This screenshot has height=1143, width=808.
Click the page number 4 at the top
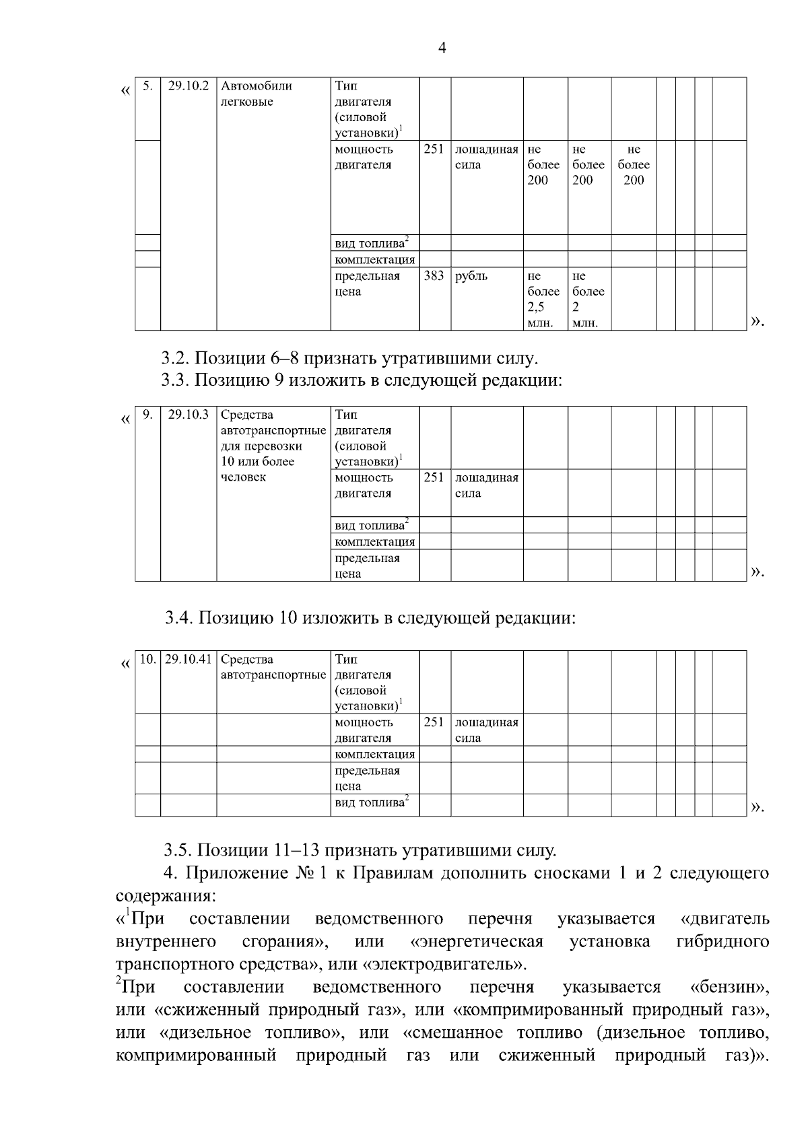coord(442,48)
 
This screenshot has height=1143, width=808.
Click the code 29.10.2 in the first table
coord(188,86)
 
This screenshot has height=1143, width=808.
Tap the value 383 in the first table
coord(434,276)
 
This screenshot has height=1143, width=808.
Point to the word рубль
coord(471,276)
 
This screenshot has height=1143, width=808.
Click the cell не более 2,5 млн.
coord(543,299)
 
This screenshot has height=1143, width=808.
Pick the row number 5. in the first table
coord(147,86)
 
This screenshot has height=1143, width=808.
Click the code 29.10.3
coord(188,415)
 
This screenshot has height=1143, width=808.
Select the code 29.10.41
coord(188,659)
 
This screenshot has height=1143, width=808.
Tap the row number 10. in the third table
coord(147,659)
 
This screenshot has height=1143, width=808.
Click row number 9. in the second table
coord(147,415)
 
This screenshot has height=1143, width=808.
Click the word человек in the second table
coord(243,477)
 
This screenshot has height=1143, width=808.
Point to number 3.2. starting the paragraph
coord(176,358)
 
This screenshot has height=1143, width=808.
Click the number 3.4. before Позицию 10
coord(180,618)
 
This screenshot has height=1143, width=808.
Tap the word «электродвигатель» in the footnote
coord(444,964)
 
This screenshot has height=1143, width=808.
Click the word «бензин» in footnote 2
coord(730,988)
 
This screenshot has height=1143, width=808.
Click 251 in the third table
coord(434,722)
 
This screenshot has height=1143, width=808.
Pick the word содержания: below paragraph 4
coord(166,897)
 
